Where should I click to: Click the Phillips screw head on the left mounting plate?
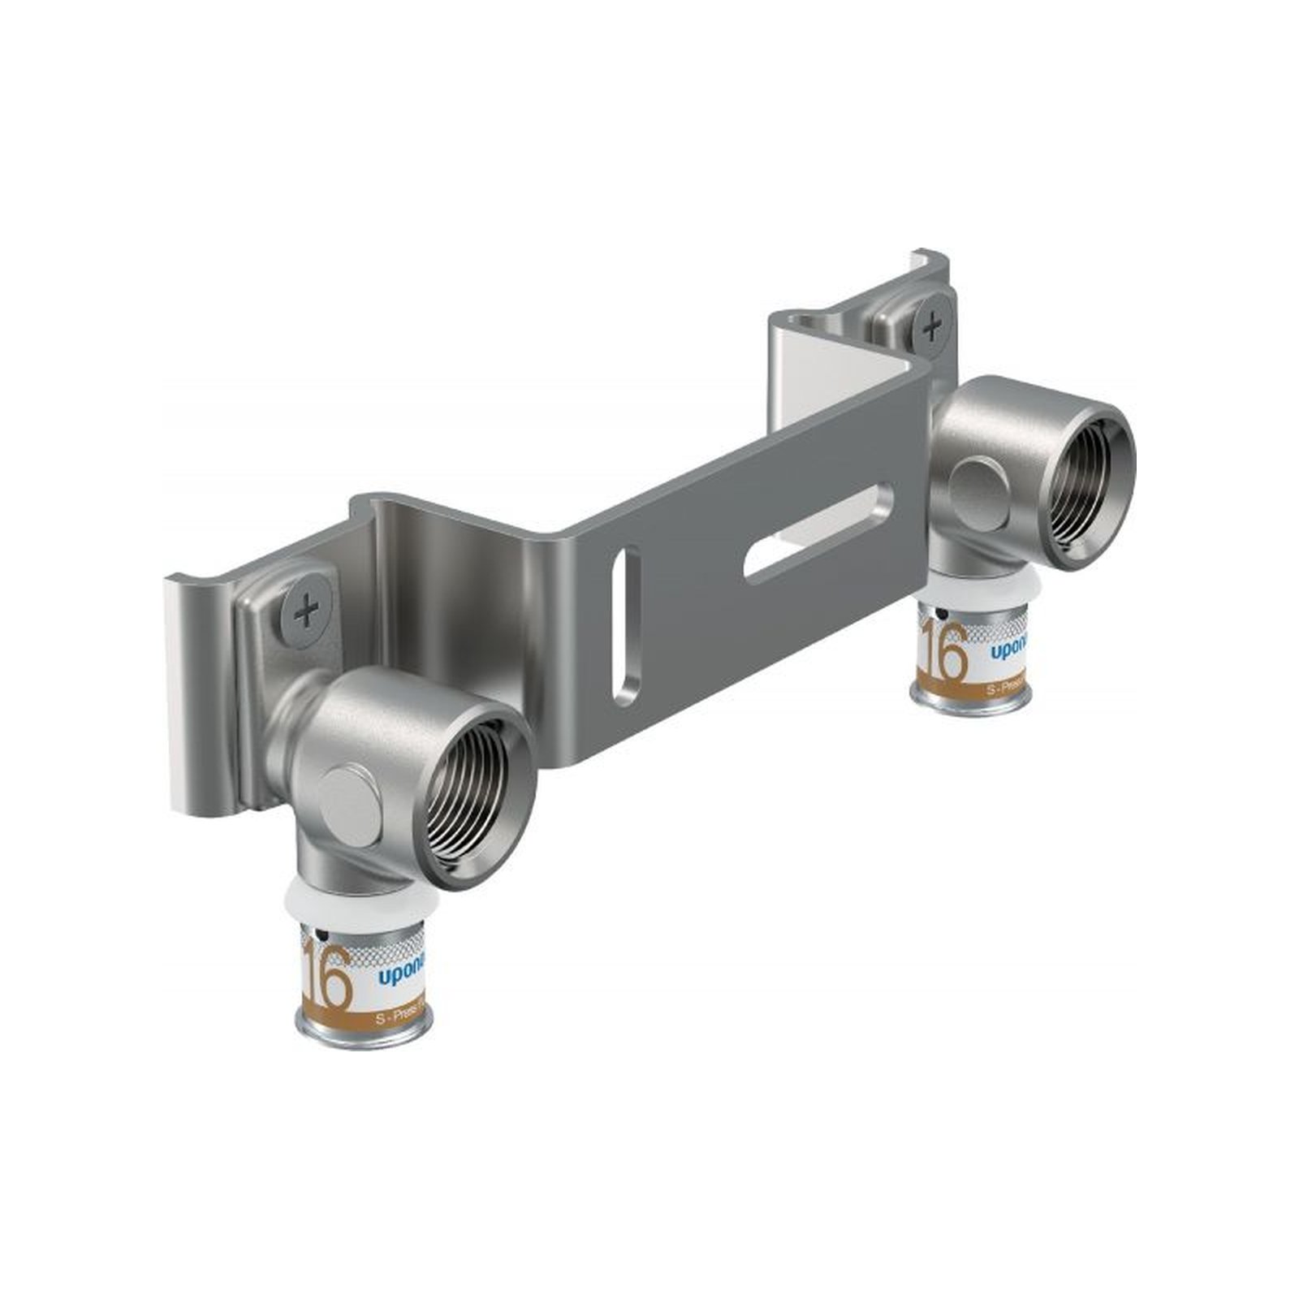tap(306, 611)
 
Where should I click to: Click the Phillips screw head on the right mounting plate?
tap(932, 326)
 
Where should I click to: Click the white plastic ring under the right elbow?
tap(974, 587)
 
